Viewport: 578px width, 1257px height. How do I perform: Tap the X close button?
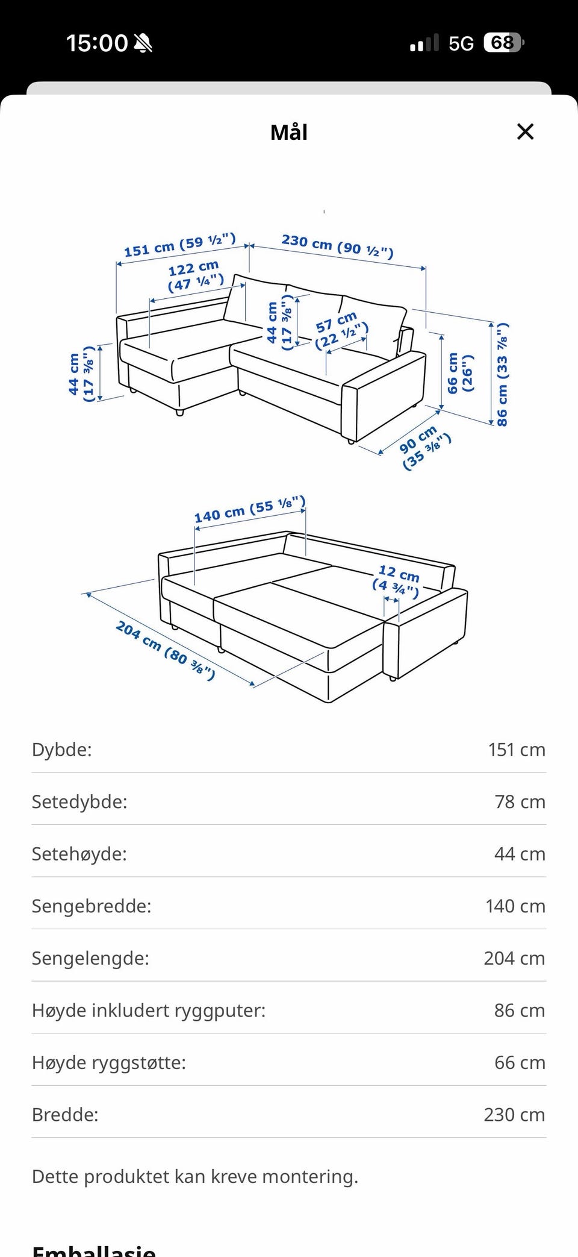[x=526, y=131]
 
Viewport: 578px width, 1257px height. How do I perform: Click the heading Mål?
[x=289, y=132]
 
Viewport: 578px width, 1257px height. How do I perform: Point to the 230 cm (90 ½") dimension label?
[x=338, y=245]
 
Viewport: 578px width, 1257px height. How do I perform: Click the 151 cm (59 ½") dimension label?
[x=179, y=245]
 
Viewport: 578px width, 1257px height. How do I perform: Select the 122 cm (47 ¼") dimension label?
[x=195, y=275]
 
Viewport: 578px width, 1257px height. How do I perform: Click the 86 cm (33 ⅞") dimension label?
[x=502, y=374]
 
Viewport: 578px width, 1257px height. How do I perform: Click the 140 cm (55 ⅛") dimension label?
[x=249, y=510]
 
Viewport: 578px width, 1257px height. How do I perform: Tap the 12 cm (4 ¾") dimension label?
[x=397, y=580]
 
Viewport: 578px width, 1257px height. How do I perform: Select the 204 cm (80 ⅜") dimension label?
[x=166, y=650]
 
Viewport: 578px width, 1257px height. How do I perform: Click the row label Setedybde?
[x=79, y=801]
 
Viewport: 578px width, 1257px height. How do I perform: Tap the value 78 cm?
[x=520, y=801]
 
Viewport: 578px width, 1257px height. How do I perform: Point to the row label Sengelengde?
[x=90, y=958]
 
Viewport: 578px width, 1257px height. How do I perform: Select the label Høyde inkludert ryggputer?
[x=149, y=1010]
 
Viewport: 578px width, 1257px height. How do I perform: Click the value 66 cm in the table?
[x=520, y=1062]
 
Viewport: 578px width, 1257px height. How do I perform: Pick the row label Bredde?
[x=65, y=1114]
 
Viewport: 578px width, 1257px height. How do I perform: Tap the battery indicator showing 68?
[x=504, y=43]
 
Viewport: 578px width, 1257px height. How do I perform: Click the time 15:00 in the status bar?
[x=97, y=43]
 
